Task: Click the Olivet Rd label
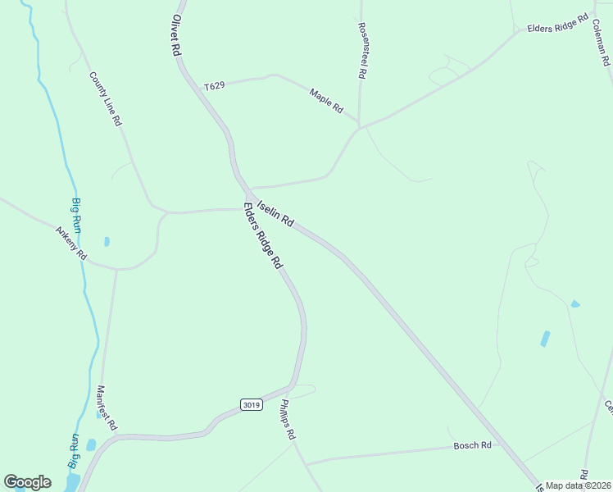point(175,34)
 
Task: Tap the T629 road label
point(215,85)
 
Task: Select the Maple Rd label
point(325,101)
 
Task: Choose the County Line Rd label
point(106,98)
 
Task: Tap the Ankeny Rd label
point(70,243)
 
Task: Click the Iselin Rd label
point(275,212)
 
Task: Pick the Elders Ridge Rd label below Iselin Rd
point(262,235)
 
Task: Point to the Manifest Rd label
point(107,408)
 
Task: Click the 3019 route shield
point(252,403)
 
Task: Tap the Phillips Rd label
point(287,420)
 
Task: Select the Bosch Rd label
point(472,445)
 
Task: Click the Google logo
point(27,482)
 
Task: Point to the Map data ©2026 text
point(579,485)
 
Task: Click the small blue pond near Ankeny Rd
point(107,242)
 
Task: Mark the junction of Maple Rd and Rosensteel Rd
point(360,126)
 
